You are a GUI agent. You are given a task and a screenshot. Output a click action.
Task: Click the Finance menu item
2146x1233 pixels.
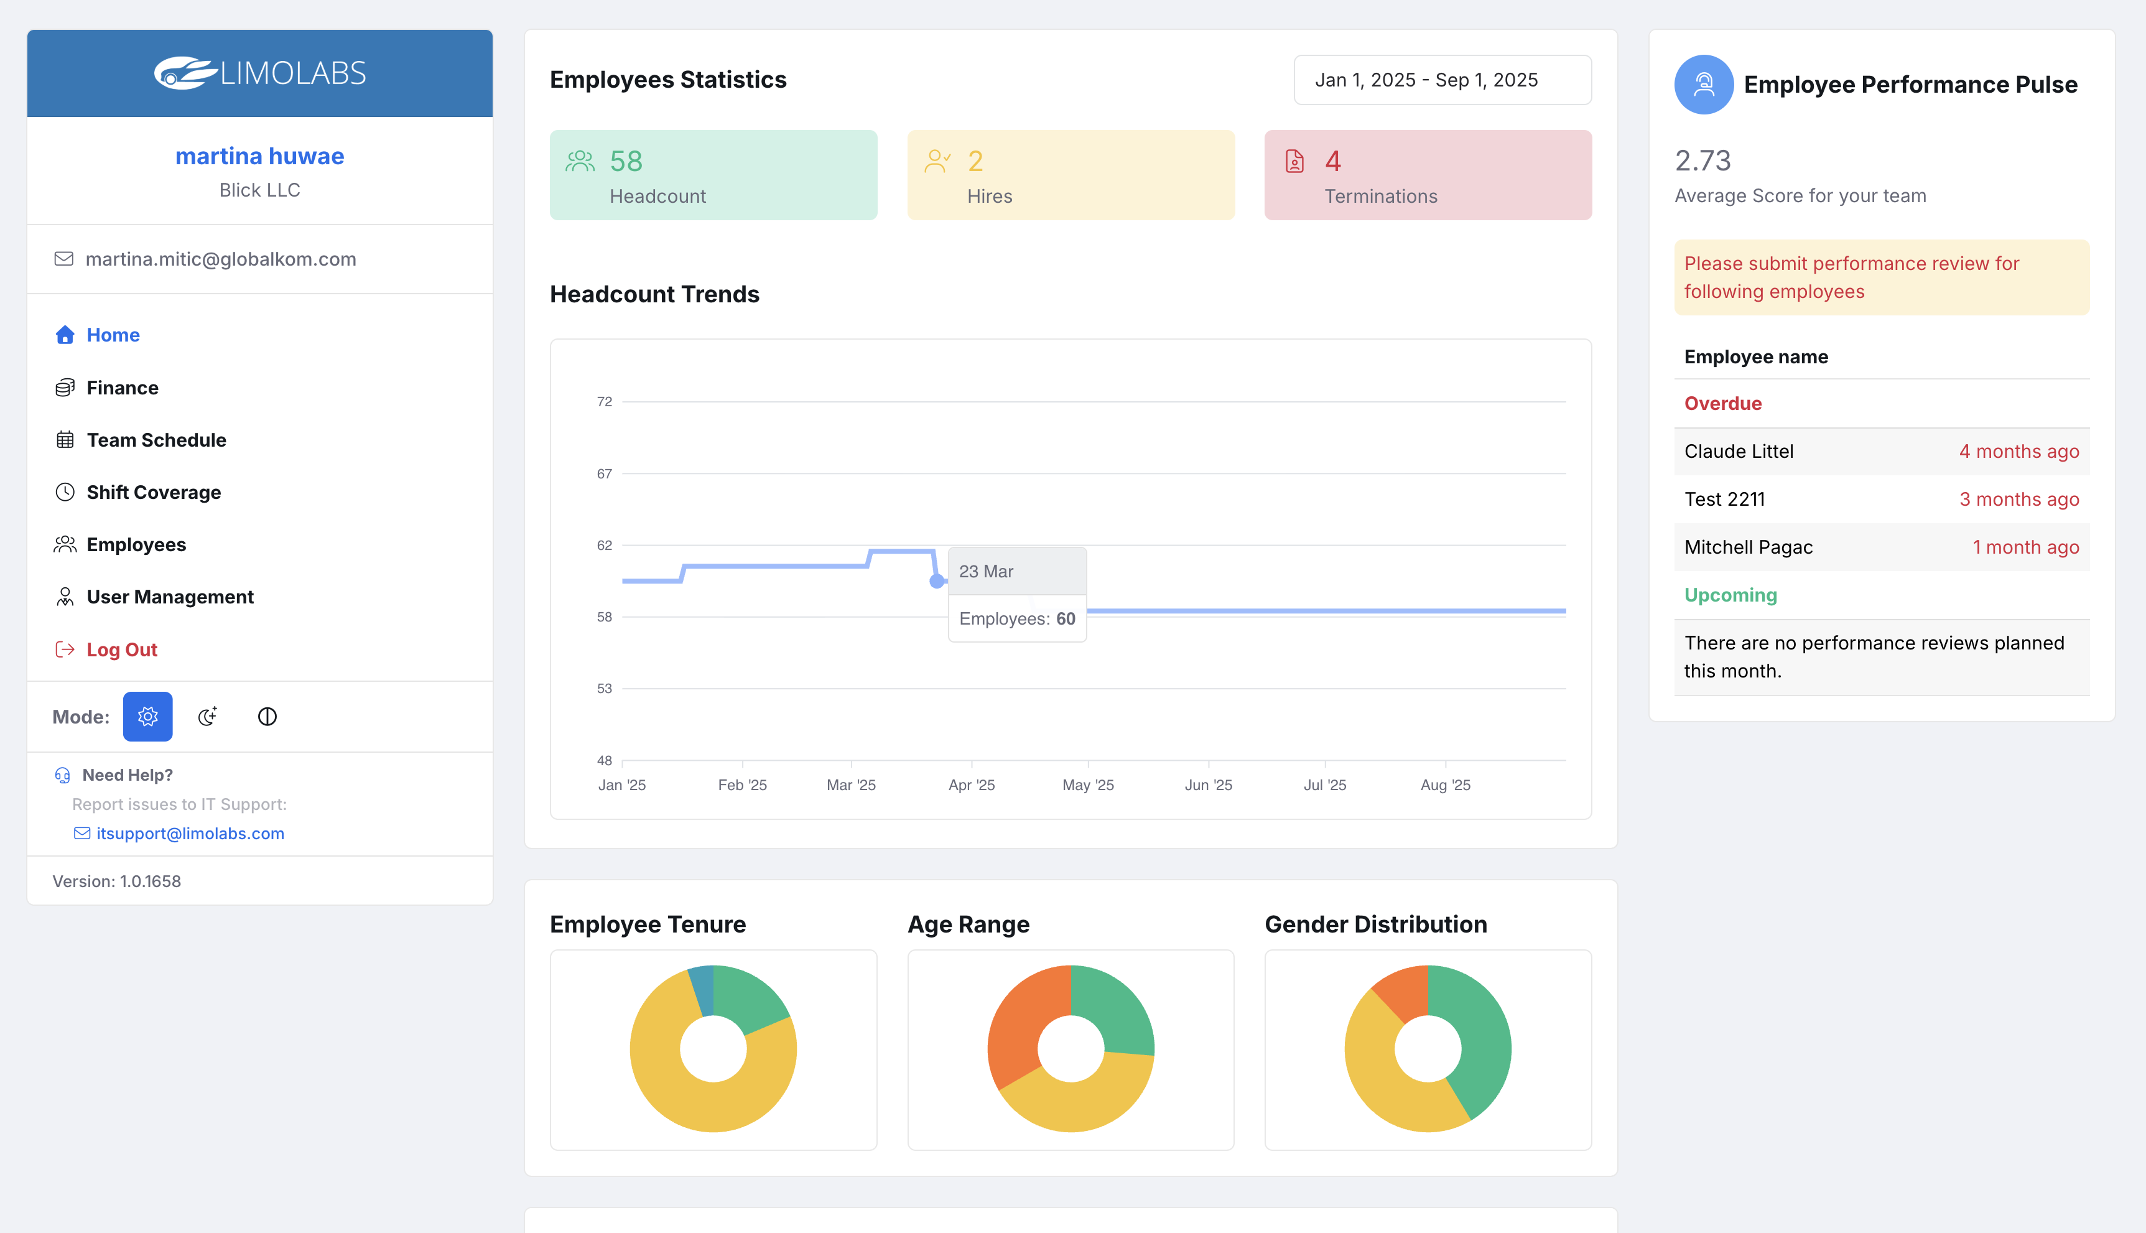coord(122,388)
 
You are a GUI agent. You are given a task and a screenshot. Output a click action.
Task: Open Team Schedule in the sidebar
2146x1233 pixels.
coord(156,440)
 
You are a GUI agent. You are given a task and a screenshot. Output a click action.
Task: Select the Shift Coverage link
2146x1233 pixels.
coord(153,493)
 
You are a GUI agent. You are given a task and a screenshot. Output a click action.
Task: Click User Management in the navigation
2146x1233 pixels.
coord(169,597)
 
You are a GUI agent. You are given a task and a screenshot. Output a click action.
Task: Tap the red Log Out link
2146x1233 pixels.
coord(121,649)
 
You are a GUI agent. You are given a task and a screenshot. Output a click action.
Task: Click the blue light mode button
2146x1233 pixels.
coord(147,717)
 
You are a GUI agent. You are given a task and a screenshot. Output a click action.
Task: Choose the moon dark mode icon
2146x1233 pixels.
coord(207,717)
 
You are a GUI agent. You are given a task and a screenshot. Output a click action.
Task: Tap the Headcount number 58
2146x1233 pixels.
coord(626,161)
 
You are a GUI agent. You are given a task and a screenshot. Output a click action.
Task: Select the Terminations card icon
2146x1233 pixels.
coord(1294,161)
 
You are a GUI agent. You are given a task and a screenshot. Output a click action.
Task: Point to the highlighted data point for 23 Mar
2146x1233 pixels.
coord(936,581)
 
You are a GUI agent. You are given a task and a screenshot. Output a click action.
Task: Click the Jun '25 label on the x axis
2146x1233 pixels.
coord(1208,785)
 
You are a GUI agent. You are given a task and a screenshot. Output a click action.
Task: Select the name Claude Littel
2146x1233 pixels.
coord(1738,452)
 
